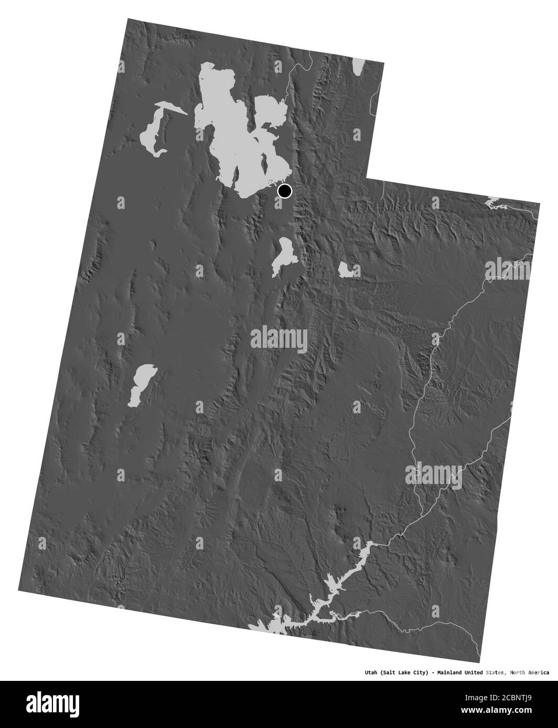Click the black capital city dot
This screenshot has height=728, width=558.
coord(284,191)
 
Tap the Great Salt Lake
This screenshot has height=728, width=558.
coord(231,131)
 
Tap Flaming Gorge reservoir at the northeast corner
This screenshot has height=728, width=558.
coord(493,202)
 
